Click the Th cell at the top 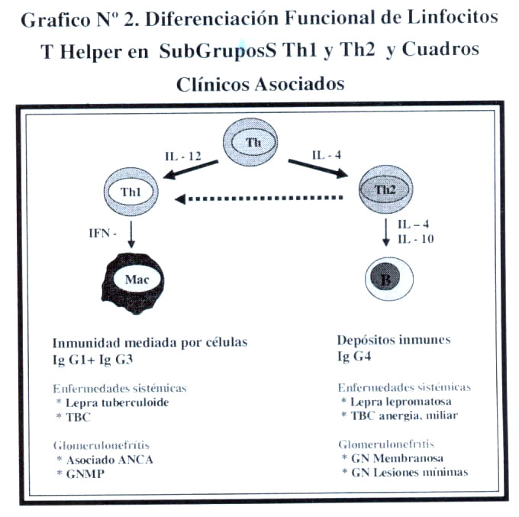coord(250,141)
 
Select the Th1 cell coord(131,192)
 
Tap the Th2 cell coord(385,189)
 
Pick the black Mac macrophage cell coord(133,283)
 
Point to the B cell coord(389,278)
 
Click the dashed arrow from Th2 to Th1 coord(259,199)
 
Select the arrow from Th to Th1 coord(191,170)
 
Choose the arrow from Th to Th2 coord(318,169)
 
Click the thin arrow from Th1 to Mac coord(131,234)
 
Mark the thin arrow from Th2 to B coord(385,232)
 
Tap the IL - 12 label coord(183,156)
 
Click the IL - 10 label coord(416,239)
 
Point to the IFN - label coord(102,233)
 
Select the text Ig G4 coord(354,357)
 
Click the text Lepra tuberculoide coord(118,402)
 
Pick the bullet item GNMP coord(85,474)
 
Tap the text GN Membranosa coord(397,458)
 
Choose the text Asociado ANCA coord(110,460)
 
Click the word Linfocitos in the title coord(453,17)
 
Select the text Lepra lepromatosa coord(401,402)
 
